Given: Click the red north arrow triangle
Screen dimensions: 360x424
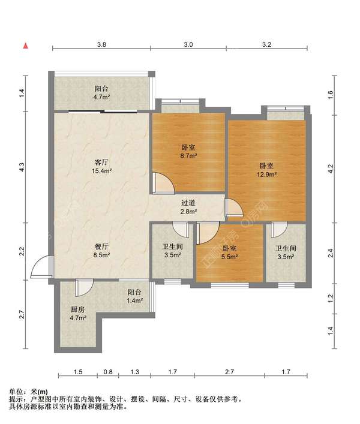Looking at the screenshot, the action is point(26,46).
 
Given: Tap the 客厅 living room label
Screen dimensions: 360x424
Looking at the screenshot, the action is point(101,163).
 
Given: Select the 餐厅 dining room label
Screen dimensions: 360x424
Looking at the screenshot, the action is point(101,246).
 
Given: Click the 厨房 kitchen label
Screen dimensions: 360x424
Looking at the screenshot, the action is point(78,309).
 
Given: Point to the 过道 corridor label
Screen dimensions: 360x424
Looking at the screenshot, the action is point(188,203).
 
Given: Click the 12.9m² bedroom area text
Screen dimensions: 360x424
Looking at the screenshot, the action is point(266,175).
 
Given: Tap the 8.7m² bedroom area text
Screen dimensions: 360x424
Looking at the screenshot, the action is point(188,156).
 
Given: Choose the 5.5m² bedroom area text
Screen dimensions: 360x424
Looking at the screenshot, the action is point(230,257).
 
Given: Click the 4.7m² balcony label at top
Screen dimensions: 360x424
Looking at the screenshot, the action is point(101,97).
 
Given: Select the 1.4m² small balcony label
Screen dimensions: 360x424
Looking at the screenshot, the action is point(134,300).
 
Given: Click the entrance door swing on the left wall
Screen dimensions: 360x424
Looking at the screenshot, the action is point(41,266).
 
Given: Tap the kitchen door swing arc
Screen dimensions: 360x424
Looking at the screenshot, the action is point(85,287).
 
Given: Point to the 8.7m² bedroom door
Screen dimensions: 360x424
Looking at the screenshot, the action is point(163,183).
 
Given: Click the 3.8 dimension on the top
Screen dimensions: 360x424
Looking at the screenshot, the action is point(101,44).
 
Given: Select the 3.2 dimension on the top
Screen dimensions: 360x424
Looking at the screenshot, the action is point(266,44).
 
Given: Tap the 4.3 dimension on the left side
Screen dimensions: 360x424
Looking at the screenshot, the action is point(22,167).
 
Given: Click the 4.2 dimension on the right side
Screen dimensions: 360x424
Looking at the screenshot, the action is point(330,169).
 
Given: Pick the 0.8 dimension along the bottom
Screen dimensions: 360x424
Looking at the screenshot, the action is point(108,372).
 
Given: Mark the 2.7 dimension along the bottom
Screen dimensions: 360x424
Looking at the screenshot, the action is point(229,372).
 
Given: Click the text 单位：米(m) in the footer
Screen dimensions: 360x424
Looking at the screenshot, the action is point(28,392).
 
